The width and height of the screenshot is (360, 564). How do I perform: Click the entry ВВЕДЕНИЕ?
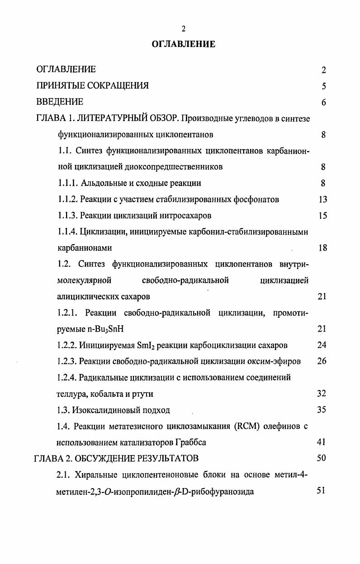point(60,102)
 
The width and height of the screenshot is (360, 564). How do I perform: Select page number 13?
point(322,200)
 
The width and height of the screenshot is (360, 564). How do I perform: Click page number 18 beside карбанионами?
point(322,248)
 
